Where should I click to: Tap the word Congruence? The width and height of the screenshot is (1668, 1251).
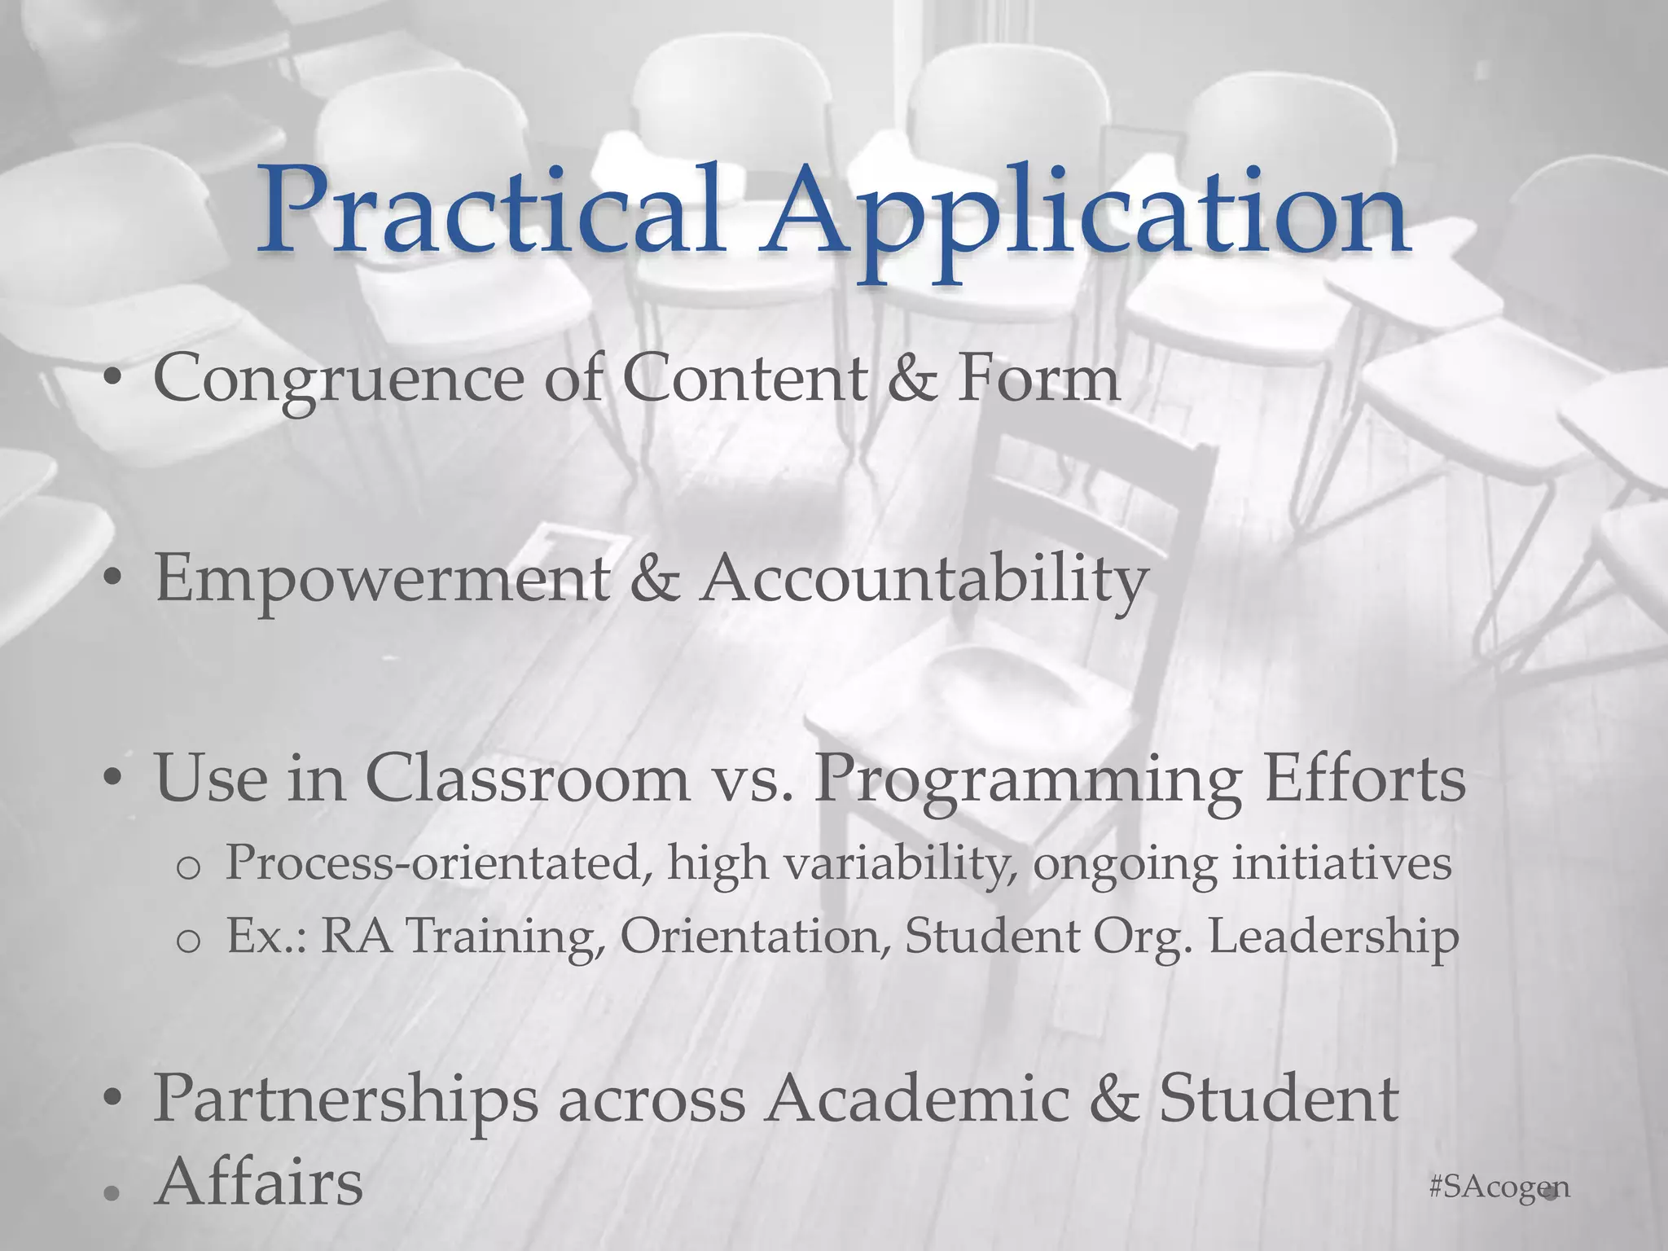(338, 380)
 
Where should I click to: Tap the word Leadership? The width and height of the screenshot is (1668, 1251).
(1333, 937)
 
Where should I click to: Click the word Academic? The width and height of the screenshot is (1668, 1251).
(916, 1099)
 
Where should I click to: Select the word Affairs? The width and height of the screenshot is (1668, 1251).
(259, 1183)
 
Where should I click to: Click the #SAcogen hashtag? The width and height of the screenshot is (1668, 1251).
(1499, 1187)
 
